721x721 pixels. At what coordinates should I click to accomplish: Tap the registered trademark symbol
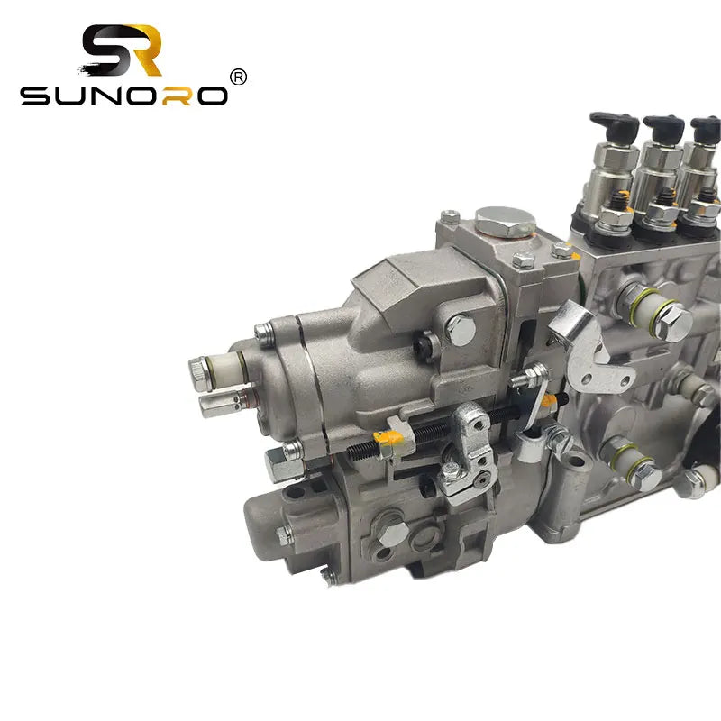[x=238, y=78]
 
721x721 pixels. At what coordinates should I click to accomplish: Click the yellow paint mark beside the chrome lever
[x=547, y=403]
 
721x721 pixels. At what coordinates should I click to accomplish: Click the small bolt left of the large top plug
[x=451, y=216]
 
